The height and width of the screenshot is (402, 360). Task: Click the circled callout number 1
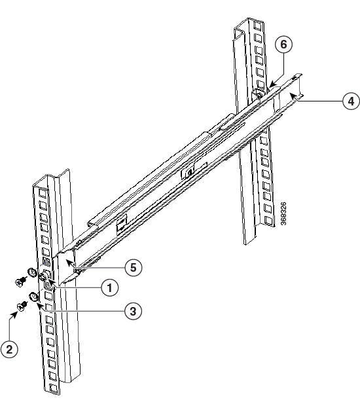pos(110,287)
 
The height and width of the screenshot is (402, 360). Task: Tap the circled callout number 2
pos(9,349)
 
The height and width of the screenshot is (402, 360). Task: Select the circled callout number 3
pos(133,311)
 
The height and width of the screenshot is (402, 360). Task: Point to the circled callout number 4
pos(351,101)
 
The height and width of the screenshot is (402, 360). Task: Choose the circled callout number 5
pos(134,267)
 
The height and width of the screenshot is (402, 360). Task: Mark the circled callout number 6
pos(283,44)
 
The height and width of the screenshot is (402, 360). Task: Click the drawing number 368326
pos(283,213)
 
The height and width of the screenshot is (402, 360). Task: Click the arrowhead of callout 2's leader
pos(15,314)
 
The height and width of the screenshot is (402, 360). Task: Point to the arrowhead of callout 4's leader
pos(293,97)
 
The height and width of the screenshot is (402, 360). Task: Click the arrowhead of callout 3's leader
pos(40,306)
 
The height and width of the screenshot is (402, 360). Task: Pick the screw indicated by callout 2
pos(22,306)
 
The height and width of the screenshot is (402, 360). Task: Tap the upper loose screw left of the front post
pos(20,282)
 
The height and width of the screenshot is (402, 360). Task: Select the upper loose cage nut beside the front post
pos(32,272)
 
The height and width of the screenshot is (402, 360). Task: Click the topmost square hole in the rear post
pos(258,26)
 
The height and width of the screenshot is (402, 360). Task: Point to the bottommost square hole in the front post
pos(54,388)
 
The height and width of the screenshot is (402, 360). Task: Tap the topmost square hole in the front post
pos(43,193)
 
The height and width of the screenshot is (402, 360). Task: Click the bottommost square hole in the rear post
pos(269,221)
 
